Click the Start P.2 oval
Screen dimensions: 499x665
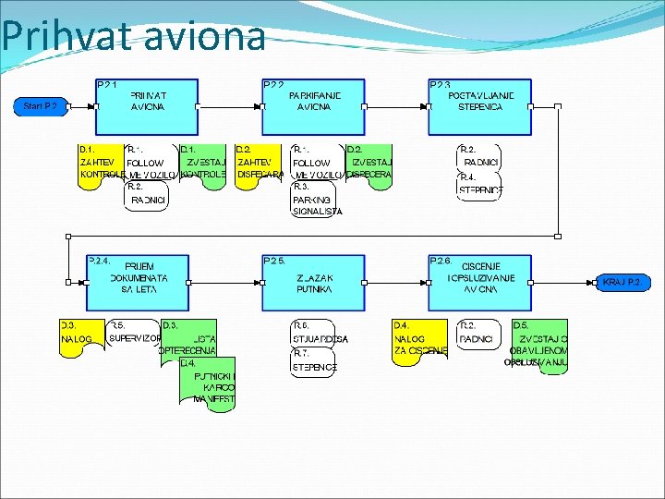tap(41, 106)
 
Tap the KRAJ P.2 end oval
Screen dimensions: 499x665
tap(622, 282)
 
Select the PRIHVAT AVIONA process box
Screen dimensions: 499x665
tap(148, 106)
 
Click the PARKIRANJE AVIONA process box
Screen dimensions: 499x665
tap(314, 106)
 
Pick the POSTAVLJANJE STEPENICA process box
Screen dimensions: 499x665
tap(480, 106)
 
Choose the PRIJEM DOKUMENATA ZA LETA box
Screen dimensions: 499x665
tap(139, 282)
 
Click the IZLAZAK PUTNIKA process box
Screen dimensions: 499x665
tap(314, 282)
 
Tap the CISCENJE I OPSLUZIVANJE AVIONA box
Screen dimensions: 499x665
tap(480, 282)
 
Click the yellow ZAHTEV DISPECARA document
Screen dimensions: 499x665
tap(259, 164)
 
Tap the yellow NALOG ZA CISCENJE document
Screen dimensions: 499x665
tap(420, 340)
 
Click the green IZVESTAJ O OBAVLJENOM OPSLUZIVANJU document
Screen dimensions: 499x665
tap(540, 345)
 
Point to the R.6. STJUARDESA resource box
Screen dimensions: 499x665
tap(316, 334)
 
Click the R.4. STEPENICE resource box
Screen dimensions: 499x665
tap(480, 186)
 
